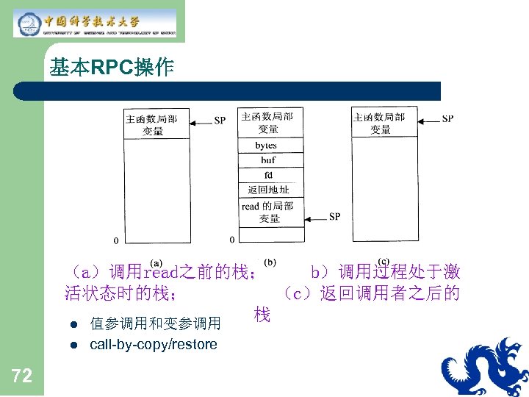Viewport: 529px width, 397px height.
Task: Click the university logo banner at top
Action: [x=96, y=23]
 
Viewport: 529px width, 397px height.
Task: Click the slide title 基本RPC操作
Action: [x=112, y=69]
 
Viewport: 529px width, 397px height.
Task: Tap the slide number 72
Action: [x=22, y=376]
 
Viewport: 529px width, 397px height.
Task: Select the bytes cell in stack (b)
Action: [x=267, y=146]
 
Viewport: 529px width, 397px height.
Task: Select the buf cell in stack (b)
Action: [x=267, y=160]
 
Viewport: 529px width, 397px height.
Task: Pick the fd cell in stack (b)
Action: [x=268, y=175]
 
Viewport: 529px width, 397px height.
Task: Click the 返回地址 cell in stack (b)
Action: [x=268, y=190]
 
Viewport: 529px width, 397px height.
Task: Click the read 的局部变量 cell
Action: [x=268, y=212]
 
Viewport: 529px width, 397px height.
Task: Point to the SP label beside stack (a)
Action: [x=220, y=121]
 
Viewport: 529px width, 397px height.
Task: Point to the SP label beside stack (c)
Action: [x=447, y=118]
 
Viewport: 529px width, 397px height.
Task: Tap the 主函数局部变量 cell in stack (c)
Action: [x=381, y=123]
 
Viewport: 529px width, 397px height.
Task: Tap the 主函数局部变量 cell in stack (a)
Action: [x=152, y=124]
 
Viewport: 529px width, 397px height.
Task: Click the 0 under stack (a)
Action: [x=115, y=240]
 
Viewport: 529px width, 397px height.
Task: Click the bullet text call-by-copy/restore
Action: [x=154, y=344]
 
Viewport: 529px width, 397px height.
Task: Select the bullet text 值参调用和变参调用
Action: [x=155, y=323]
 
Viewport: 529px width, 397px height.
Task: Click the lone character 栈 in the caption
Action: [x=262, y=315]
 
